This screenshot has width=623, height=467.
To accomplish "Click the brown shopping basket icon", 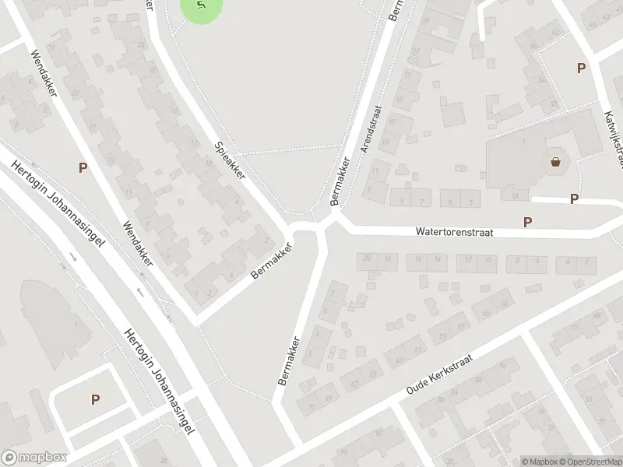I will tap(556, 163).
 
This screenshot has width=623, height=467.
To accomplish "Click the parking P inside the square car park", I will tap(96, 400).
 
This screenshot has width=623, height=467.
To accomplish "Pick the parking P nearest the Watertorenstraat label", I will tap(528, 223).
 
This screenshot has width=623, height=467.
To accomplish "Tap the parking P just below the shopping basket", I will tap(574, 199).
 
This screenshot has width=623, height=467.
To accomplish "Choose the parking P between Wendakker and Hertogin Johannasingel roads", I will tap(83, 167).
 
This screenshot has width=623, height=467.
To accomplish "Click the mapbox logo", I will tap(35, 458).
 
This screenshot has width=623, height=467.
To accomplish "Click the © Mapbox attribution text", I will tap(539, 462).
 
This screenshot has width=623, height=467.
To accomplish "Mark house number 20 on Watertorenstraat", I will tap(367, 258).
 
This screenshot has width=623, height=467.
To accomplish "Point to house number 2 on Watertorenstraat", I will tap(585, 262).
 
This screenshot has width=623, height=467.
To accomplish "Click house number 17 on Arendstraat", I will tap(399, 100).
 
